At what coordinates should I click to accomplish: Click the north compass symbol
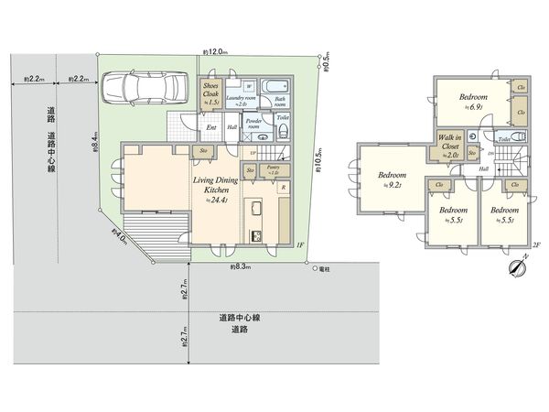[517, 266]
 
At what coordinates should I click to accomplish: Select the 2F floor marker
[537, 244]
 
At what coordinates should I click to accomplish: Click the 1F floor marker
[299, 245]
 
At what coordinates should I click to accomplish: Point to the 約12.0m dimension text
[220, 53]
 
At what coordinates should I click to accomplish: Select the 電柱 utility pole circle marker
[314, 269]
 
